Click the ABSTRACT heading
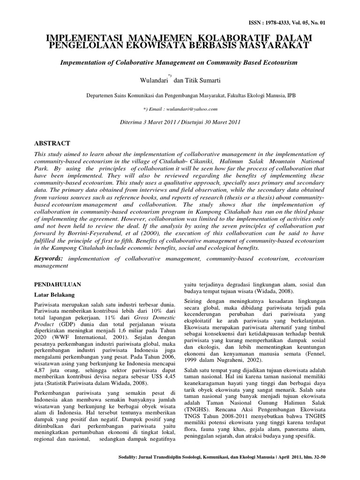coord(53,143)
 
